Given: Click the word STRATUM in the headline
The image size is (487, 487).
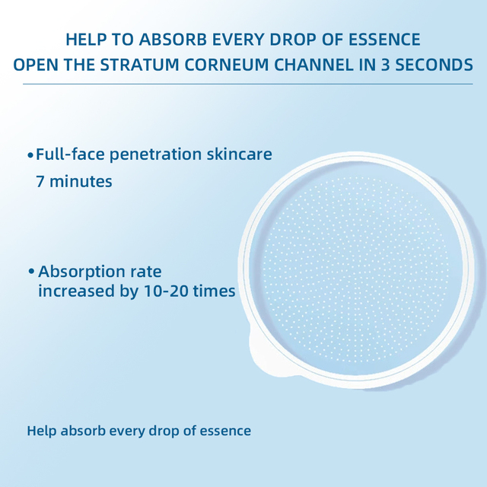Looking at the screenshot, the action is [140, 65].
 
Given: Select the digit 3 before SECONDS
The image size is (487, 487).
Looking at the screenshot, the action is [385, 65].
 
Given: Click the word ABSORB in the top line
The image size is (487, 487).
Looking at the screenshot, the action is [173, 40].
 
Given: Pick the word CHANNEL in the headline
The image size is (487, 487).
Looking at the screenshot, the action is [314, 65].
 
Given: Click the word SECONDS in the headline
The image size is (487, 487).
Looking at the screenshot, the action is [434, 65].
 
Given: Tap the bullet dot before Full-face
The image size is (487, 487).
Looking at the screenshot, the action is [30, 154].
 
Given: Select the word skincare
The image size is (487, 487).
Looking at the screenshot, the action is [240, 154].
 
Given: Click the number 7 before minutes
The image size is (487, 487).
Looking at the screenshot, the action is [40, 181].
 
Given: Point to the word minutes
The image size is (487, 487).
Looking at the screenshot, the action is [81, 181].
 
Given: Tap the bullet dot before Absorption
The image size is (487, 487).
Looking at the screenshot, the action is [31, 272].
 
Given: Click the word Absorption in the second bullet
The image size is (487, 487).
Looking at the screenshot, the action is [81, 272].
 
